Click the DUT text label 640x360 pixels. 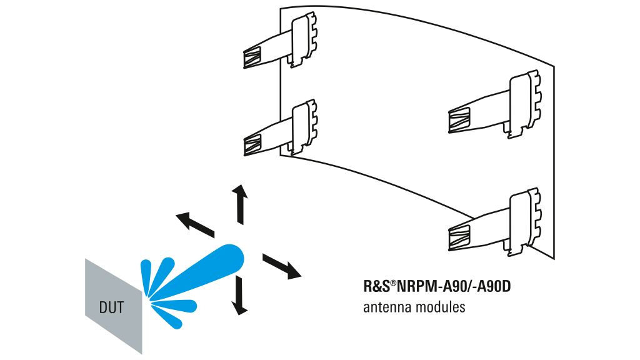(112, 307)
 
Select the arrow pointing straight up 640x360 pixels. (239, 204)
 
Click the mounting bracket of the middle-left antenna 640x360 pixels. (305, 125)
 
